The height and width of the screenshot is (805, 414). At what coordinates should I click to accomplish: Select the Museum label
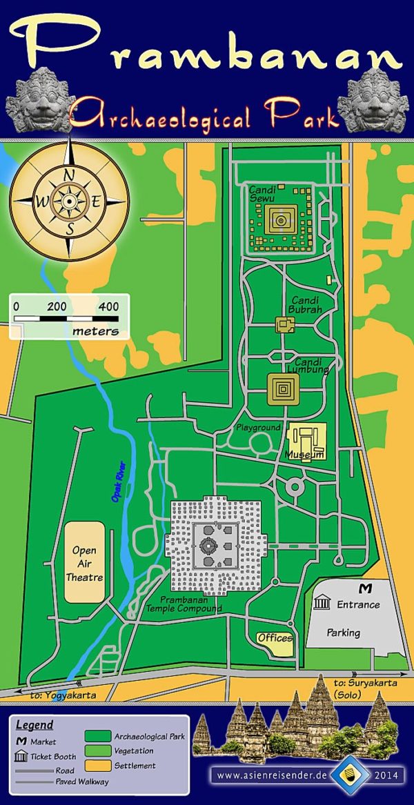(304, 455)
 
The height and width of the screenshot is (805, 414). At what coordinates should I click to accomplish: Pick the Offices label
(275, 638)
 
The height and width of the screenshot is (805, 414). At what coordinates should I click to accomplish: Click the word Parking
(343, 633)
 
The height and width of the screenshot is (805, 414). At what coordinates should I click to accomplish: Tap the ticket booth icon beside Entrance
(321, 604)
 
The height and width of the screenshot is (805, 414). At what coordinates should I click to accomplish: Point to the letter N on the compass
(69, 175)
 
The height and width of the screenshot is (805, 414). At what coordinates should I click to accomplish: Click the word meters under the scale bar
(95, 332)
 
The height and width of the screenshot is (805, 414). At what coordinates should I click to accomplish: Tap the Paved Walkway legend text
(82, 782)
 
